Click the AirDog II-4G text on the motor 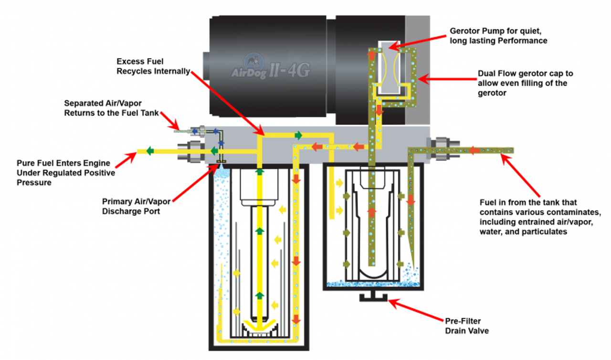point(271,72)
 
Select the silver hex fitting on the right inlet point(442,148)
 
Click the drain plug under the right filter point(373,299)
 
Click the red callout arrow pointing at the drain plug point(415,311)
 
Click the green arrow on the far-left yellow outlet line point(149,151)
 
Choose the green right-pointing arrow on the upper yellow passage point(298,135)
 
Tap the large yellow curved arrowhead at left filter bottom point(259,328)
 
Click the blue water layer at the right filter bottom point(372,285)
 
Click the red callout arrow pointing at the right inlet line point(520,177)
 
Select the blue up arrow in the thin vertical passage point(221,143)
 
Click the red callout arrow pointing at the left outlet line point(124,160)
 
